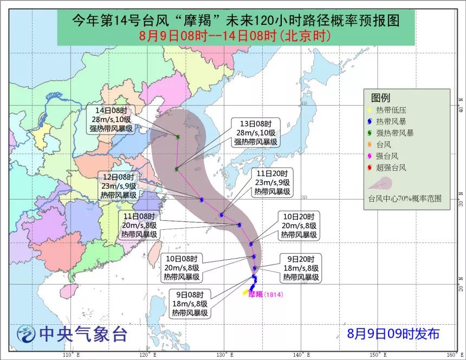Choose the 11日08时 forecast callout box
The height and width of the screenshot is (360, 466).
pyautogui.click(x=139, y=225)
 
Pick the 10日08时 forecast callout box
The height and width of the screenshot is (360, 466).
pyautogui.click(x=182, y=267)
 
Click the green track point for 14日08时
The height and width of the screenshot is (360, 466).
pyautogui.click(x=178, y=136)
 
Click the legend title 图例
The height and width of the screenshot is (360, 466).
pyautogui.click(x=380, y=98)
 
